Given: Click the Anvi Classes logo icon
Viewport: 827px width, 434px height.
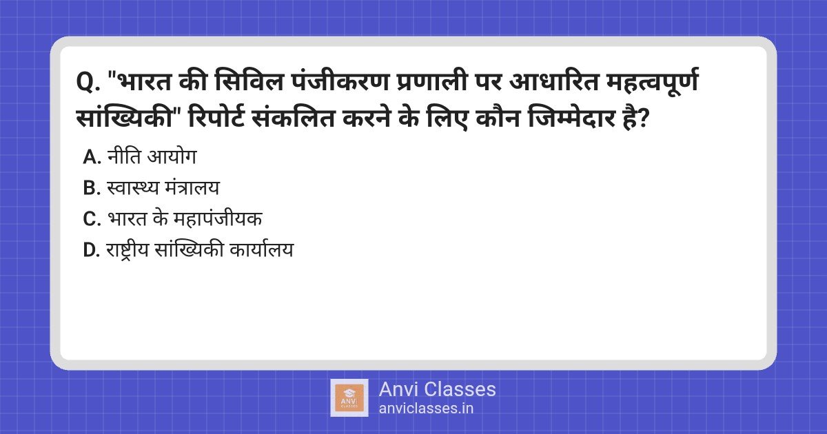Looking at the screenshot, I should [x=350, y=397].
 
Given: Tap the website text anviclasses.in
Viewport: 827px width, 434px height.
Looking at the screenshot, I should [x=426, y=408].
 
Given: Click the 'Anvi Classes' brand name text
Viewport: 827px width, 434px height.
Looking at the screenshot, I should [x=437, y=389].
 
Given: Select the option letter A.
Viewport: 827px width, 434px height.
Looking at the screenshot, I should [x=91, y=157].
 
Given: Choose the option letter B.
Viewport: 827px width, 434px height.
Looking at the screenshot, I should [x=91, y=188].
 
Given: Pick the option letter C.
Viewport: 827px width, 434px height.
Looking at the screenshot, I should [x=91, y=219].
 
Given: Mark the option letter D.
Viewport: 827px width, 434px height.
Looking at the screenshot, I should [x=91, y=250].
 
